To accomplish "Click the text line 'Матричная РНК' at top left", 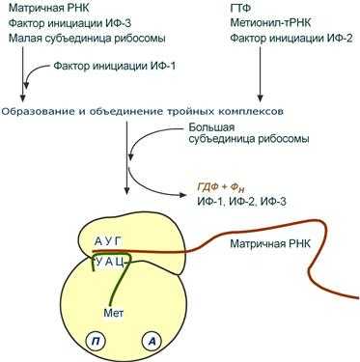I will pos(44,8).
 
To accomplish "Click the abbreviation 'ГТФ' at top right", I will pos(243,8).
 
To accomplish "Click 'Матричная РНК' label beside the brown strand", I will pos(269,245).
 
